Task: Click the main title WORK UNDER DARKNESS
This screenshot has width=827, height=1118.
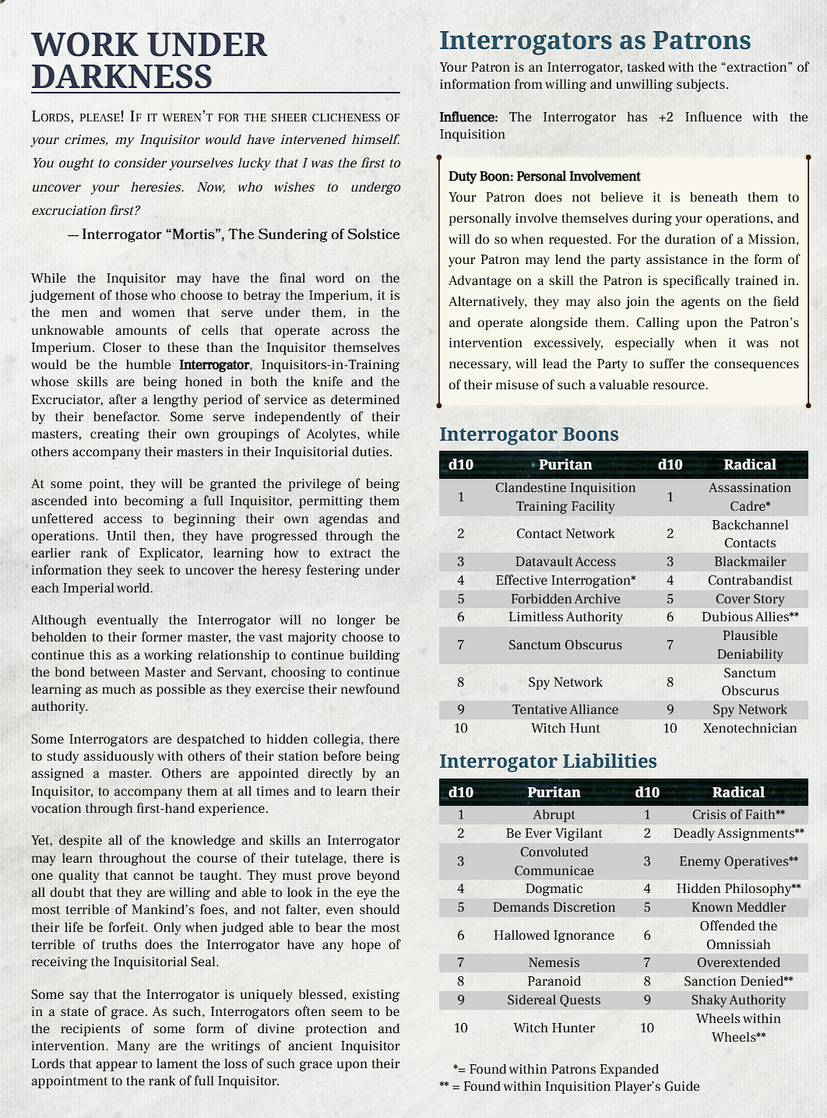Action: pos(149,61)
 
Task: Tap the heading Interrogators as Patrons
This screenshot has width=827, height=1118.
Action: pos(595,40)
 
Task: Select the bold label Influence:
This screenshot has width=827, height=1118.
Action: pos(468,118)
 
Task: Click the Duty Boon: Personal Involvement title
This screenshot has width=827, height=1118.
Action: pos(544,177)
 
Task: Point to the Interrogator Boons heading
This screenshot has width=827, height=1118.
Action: pos(529,434)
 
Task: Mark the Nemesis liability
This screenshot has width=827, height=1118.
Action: pos(554,962)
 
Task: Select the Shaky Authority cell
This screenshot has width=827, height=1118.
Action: pos(738,1000)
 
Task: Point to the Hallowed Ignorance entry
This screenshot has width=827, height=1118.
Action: pos(554,935)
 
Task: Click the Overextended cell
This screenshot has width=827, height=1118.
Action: pos(738,962)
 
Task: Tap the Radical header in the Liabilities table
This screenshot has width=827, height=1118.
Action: pos(738,792)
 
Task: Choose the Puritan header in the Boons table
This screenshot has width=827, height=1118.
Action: pos(565,464)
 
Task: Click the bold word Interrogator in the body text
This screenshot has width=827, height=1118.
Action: pos(214,364)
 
